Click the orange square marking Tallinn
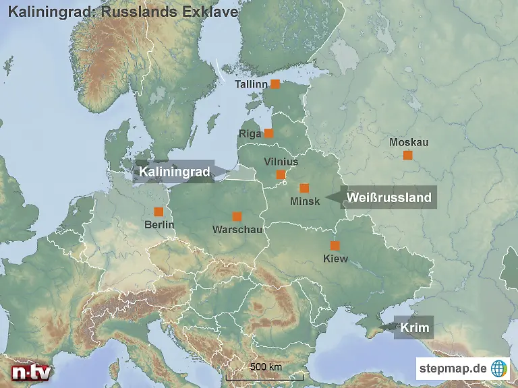pyautogui.click(x=275, y=84)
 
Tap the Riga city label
pyautogui.click(x=250, y=133)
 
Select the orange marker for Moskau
pyautogui.click(x=407, y=155)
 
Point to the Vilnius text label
pyautogui.click(x=281, y=162)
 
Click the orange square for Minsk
pyautogui.click(x=304, y=188)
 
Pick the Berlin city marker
pyautogui.click(x=159, y=212)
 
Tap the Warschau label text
pyautogui.click(x=237, y=230)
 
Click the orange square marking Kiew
pyautogui.click(x=335, y=246)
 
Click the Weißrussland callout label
pyautogui.click(x=388, y=197)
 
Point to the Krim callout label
pyautogui.click(x=414, y=328)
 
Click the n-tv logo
pyautogui.click(x=32, y=371)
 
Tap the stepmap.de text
pyautogui.click(x=453, y=368)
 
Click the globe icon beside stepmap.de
pyautogui.click(x=499, y=368)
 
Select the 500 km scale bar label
pyautogui.click(x=266, y=367)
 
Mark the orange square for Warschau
pyautogui.click(x=237, y=216)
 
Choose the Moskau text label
pyautogui.click(x=409, y=142)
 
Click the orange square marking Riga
pyautogui.click(x=268, y=133)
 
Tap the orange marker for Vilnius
pyautogui.click(x=281, y=174)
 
